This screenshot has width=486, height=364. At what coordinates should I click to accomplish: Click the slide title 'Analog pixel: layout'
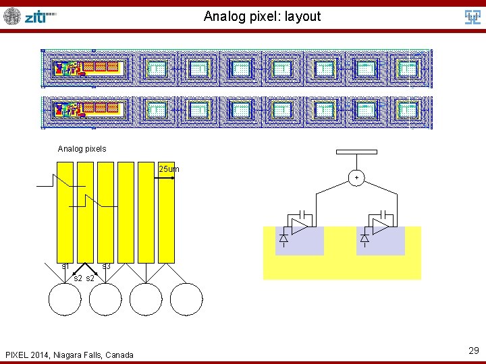[x=262, y=16]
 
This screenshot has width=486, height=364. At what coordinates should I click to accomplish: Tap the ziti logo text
[x=39, y=17]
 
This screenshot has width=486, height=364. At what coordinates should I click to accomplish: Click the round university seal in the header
[x=12, y=16]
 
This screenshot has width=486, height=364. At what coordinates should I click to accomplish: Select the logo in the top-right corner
[x=473, y=17]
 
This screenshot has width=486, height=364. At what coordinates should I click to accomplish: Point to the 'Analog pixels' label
[x=82, y=148]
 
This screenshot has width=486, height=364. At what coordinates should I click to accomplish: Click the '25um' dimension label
[x=169, y=169]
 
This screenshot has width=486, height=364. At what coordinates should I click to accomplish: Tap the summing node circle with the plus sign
[x=356, y=177]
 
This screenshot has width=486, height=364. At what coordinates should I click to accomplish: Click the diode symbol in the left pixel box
[x=283, y=238]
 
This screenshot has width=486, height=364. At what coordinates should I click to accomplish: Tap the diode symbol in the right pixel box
[x=364, y=238]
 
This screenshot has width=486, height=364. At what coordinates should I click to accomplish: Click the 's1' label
[x=65, y=266]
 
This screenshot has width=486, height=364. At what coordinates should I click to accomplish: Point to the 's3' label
[x=106, y=266]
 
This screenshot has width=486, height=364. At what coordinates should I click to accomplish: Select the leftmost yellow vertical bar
[x=65, y=212]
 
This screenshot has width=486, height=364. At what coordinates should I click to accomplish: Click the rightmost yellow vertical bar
[x=166, y=212]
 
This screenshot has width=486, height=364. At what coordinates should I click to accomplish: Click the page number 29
[x=473, y=350]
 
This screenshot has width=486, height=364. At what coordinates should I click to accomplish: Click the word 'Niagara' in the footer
[x=70, y=355]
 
